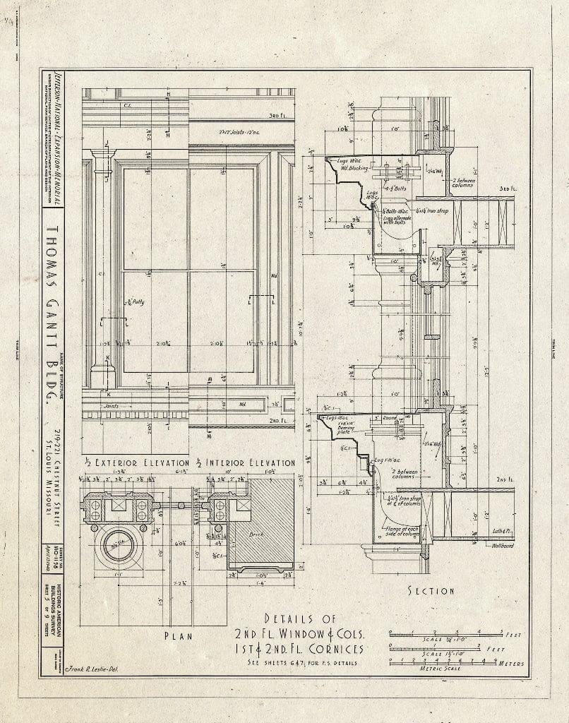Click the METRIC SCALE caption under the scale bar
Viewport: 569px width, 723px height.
coord(441,669)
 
